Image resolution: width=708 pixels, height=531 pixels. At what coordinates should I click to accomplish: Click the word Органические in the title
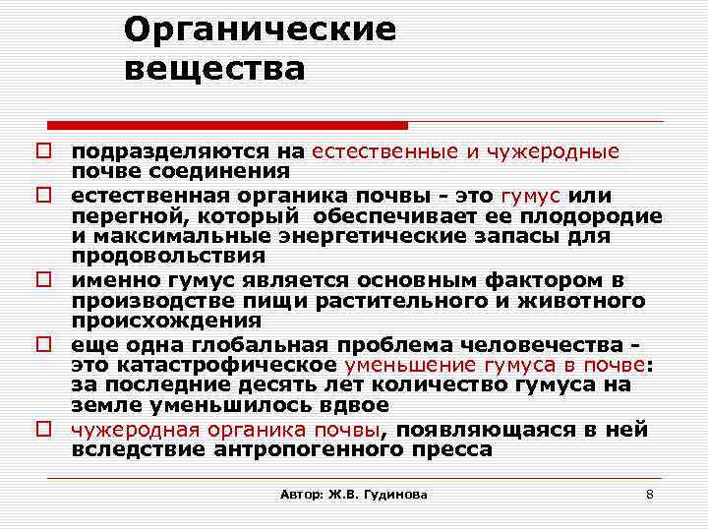click(x=260, y=29)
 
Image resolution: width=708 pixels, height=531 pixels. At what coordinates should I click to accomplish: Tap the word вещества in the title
click(x=215, y=70)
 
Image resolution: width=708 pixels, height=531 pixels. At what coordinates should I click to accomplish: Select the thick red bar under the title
click(x=228, y=126)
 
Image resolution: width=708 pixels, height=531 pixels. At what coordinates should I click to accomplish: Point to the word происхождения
click(x=166, y=320)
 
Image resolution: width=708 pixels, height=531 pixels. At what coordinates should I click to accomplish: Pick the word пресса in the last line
click(x=454, y=449)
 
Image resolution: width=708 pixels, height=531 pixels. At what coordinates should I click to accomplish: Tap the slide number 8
click(x=649, y=494)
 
